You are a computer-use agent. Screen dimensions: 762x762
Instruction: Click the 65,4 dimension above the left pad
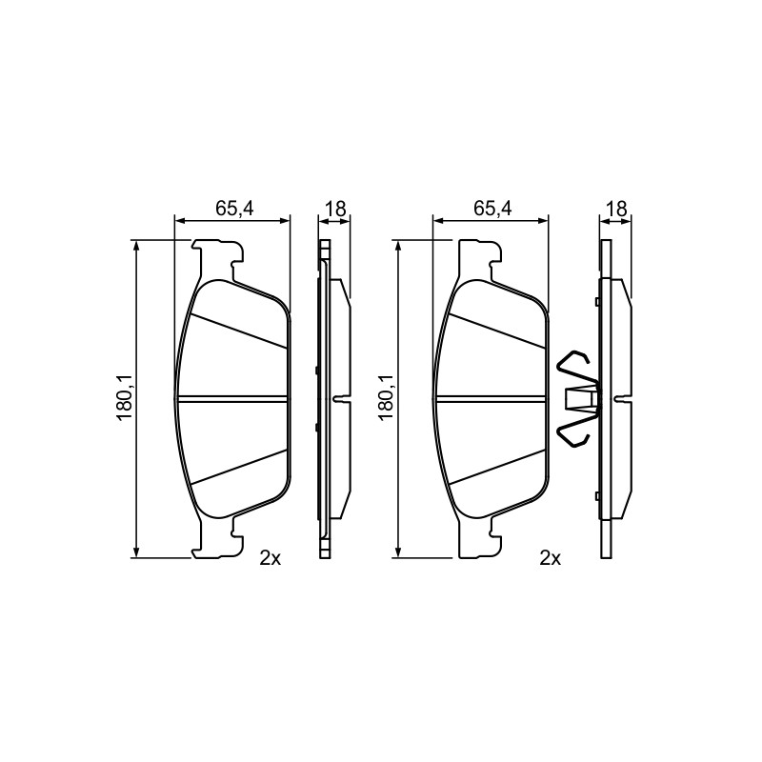(x=234, y=208)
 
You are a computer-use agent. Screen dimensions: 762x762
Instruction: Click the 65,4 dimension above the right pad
(x=493, y=208)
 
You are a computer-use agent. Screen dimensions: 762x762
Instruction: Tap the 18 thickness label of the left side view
(x=335, y=209)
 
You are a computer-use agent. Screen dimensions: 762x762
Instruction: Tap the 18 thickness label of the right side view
(x=616, y=209)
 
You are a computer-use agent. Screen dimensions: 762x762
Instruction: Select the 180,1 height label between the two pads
(x=386, y=398)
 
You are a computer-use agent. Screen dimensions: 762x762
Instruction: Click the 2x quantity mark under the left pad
(x=271, y=558)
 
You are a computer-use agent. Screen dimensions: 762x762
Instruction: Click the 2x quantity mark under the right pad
(x=551, y=558)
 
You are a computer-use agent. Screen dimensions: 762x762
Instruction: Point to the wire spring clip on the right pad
(x=578, y=398)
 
